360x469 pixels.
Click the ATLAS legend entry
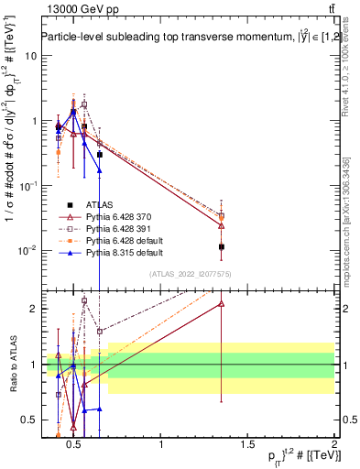[101, 204]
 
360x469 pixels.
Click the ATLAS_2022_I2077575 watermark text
[190, 274]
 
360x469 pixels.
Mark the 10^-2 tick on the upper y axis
[27, 250]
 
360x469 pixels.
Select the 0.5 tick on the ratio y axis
[27, 420]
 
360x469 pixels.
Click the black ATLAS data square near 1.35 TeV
[222, 246]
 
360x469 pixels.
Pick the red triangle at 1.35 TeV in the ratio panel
[222, 303]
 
